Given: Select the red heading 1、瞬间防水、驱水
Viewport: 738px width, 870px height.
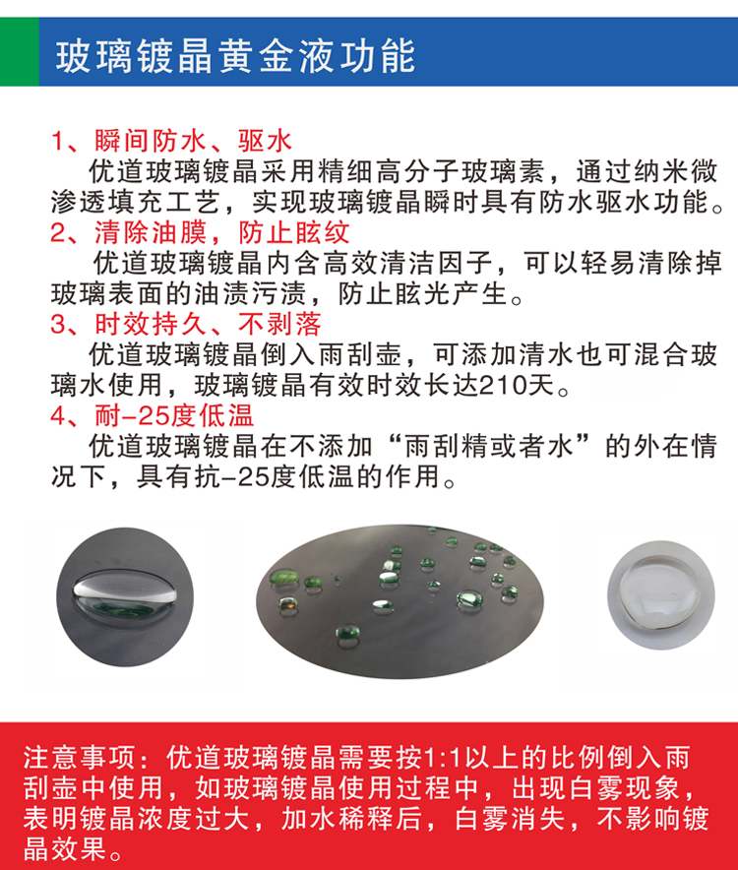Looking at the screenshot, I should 172,141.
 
